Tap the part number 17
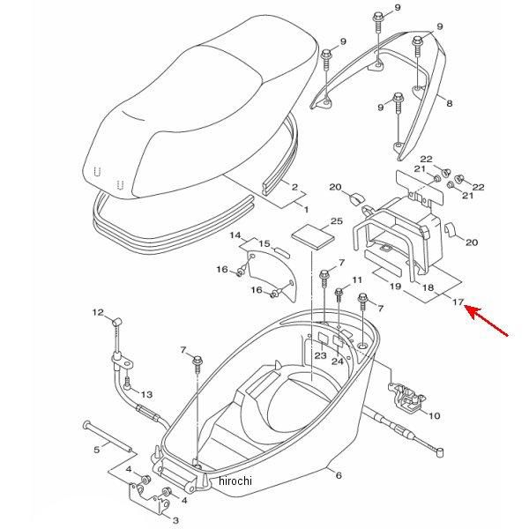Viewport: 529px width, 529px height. coord(458,302)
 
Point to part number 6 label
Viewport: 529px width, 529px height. coord(338,475)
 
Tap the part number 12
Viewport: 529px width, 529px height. coord(99,312)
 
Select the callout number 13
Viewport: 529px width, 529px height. coord(146,394)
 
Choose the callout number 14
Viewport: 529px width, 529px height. coord(235,235)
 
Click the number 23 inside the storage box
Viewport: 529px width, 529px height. coord(320,355)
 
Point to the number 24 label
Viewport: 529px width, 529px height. coord(338,361)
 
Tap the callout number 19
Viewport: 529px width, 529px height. coord(396,287)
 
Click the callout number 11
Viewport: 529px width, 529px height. coord(357,279)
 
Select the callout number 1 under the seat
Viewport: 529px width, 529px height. coord(306,210)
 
